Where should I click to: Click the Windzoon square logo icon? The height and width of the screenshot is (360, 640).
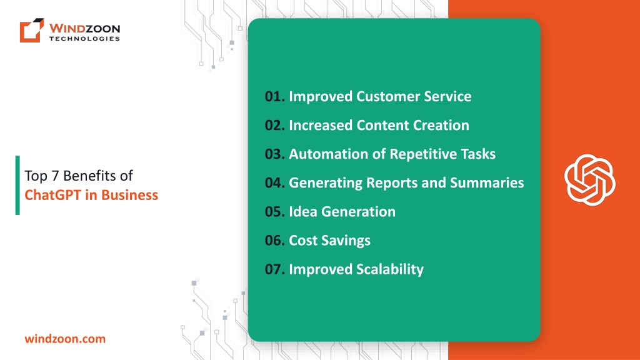coord(32,30)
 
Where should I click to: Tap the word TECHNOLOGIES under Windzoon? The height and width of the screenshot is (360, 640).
coord(84,39)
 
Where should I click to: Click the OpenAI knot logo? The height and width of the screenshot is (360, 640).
coord(590,179)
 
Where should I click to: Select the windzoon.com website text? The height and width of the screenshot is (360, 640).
coord(65,339)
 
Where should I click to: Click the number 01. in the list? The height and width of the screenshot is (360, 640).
coord(275,96)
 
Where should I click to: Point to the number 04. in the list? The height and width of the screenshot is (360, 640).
coord(275,182)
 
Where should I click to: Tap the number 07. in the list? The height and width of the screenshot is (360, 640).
coord(275,269)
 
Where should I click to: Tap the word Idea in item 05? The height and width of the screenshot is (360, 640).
coord(303,211)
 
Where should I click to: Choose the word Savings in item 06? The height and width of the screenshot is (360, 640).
coord(346,241)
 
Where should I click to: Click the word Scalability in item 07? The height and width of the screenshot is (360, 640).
coord(390,269)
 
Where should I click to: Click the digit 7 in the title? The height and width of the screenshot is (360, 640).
coord(55,176)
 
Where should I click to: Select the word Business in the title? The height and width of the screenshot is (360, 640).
coord(129,195)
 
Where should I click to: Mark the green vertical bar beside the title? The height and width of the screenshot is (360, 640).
coord(17,185)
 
